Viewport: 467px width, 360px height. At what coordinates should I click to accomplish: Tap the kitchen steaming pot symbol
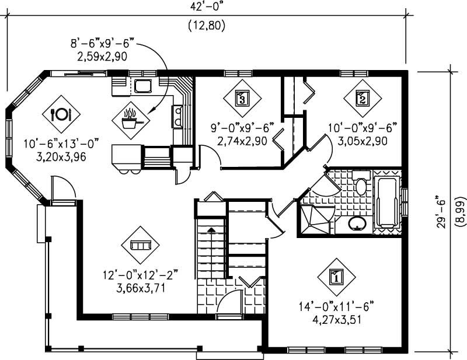point(131,121)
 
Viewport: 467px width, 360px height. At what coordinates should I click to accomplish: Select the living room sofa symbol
point(140,245)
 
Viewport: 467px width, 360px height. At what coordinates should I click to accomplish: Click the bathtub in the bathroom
point(386,201)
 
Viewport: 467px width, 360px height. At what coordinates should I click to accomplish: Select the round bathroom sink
point(357,223)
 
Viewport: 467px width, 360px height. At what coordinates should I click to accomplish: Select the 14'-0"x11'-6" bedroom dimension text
point(335,306)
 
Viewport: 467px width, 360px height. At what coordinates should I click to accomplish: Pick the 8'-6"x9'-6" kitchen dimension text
point(102,43)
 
